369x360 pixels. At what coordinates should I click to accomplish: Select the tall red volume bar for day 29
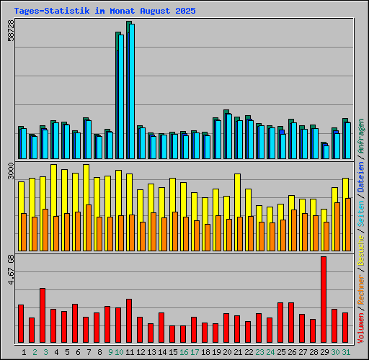tap(324, 300)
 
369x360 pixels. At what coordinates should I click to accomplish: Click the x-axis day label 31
tap(346, 352)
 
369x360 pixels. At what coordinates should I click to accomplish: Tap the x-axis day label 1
tap(25, 352)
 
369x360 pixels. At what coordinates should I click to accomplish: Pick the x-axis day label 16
tap(184, 352)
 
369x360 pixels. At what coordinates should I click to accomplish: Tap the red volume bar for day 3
tap(43, 315)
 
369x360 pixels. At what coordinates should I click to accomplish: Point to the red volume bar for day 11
tap(129, 321)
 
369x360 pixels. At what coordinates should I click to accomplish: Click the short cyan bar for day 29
tap(326, 152)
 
